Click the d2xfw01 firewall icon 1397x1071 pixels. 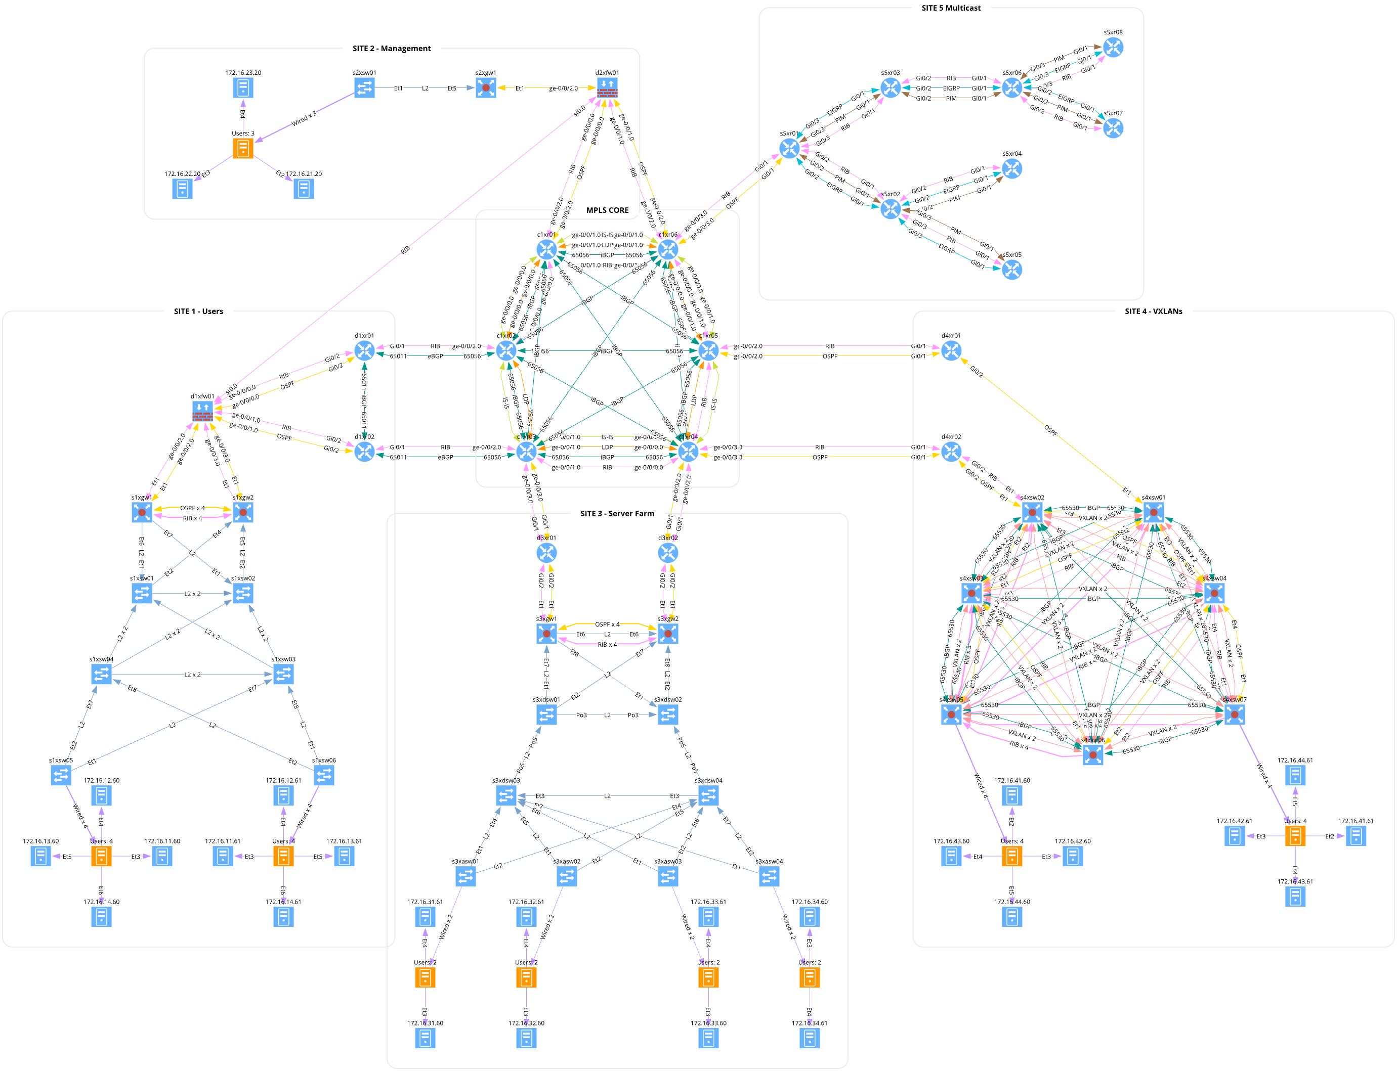(607, 88)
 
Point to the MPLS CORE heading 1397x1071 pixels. (607, 210)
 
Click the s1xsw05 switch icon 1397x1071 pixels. (61, 775)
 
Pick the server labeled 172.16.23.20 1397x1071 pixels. (243, 88)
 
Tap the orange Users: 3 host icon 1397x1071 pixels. (243, 149)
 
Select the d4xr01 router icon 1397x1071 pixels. (951, 350)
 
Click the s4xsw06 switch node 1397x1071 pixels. (1093, 755)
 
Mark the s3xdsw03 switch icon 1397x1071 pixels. (506, 795)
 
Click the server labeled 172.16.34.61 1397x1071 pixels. (810, 1038)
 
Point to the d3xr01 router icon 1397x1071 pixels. (546, 553)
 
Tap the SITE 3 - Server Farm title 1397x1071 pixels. (617, 514)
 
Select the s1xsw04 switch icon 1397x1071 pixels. (101, 674)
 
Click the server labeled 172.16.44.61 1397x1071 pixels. (1295, 775)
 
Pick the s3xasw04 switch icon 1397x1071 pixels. (769, 876)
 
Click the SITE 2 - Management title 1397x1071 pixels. (392, 49)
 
